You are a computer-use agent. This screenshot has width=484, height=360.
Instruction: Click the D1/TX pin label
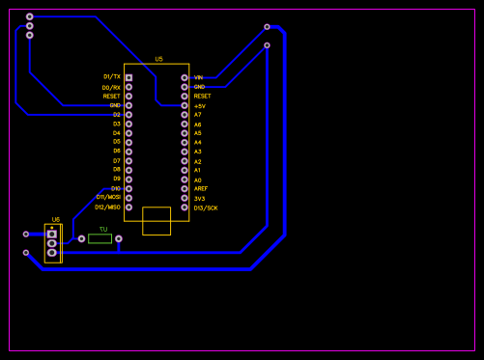pyautogui.click(x=111, y=76)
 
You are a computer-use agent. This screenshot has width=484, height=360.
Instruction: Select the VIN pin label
pyautogui.click(x=198, y=77)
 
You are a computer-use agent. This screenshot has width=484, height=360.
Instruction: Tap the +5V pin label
pyautogui.click(x=199, y=105)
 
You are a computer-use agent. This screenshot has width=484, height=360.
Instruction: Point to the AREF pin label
pyautogui.click(x=200, y=188)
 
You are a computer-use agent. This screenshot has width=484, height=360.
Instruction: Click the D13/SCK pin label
pyautogui.click(x=205, y=208)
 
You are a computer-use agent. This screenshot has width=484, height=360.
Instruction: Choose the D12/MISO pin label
pyautogui.click(x=107, y=207)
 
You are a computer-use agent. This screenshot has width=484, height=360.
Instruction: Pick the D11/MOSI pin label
pyautogui.click(x=107, y=197)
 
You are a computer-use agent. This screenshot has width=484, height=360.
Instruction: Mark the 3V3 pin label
pyautogui.click(x=199, y=198)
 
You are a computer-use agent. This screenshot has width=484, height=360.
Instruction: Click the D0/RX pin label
pyautogui.click(x=111, y=87)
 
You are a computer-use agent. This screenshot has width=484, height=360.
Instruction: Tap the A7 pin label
pyautogui.click(x=197, y=115)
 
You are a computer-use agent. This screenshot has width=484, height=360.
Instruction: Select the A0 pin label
pyautogui.click(x=197, y=180)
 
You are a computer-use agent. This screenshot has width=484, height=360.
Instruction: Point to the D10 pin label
pyautogui.click(x=115, y=188)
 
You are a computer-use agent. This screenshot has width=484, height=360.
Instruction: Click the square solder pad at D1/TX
pyautogui.click(x=128, y=77)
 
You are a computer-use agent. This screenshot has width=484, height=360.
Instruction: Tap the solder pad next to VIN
pyautogui.click(x=185, y=77)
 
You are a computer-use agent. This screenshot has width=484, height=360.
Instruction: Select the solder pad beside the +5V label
pyautogui.click(x=185, y=105)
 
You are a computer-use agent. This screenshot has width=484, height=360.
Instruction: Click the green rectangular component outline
pyautogui.click(x=100, y=238)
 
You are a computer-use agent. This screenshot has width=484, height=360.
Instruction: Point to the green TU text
pyautogui.click(x=102, y=229)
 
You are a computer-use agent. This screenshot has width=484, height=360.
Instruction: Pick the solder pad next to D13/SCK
pyautogui.click(x=185, y=207)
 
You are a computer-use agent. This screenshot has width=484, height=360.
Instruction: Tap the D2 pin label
pyautogui.click(x=116, y=115)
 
